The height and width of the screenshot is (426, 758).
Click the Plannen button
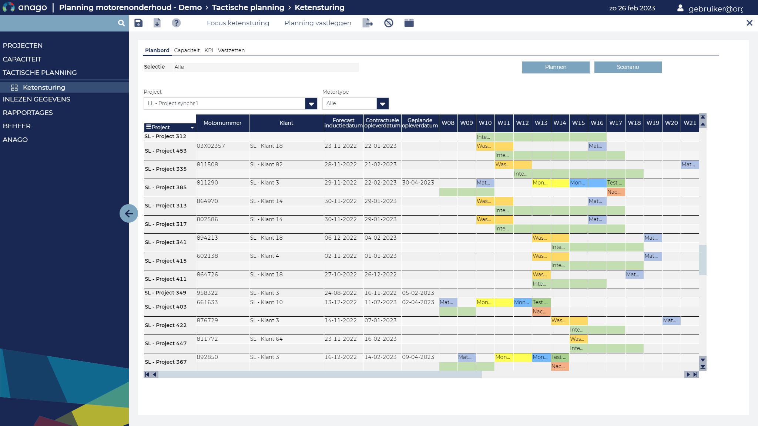click(x=556, y=67)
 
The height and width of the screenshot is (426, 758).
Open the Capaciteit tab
click(x=187, y=50)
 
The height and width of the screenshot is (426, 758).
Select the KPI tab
click(x=209, y=50)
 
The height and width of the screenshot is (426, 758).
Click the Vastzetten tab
click(x=231, y=50)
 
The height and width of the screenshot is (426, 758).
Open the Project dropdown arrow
click(x=311, y=104)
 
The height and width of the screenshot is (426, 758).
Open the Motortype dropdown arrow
click(x=382, y=104)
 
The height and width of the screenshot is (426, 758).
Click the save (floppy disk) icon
click(x=138, y=23)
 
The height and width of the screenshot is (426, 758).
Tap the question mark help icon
click(x=176, y=23)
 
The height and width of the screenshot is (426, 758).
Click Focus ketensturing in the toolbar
click(x=238, y=23)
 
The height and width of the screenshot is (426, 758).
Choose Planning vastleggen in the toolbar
click(x=318, y=23)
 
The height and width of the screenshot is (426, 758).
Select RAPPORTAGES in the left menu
click(x=28, y=113)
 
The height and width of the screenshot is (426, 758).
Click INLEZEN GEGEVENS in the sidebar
click(x=36, y=99)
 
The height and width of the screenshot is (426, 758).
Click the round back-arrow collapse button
click(x=129, y=213)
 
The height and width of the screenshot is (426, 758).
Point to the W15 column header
click(x=578, y=123)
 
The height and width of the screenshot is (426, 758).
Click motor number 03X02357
click(x=211, y=146)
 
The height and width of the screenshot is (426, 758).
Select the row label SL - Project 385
click(x=166, y=187)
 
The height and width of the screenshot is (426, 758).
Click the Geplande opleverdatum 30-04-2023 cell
click(x=418, y=183)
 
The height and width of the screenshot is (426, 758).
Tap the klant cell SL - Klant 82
click(x=266, y=164)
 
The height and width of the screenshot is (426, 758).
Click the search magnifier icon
click(x=121, y=23)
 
